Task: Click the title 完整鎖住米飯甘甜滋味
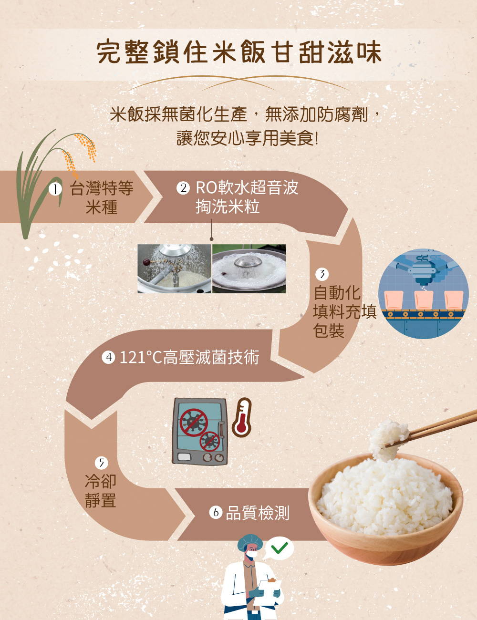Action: point(238,52)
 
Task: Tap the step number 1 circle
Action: point(56,189)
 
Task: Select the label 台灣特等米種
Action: point(102,197)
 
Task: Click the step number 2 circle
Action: point(183,188)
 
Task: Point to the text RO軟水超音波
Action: point(247,187)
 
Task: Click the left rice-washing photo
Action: point(174,269)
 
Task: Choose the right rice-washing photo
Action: point(249,269)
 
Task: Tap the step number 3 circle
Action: point(322,274)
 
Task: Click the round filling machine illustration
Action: point(423,293)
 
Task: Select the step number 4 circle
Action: point(109,357)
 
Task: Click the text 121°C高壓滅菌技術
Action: point(189,357)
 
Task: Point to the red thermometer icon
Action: point(242,418)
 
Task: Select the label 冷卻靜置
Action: point(101,491)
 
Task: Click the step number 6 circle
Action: point(216,513)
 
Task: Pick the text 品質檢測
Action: point(258,513)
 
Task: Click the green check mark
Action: point(280,548)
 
